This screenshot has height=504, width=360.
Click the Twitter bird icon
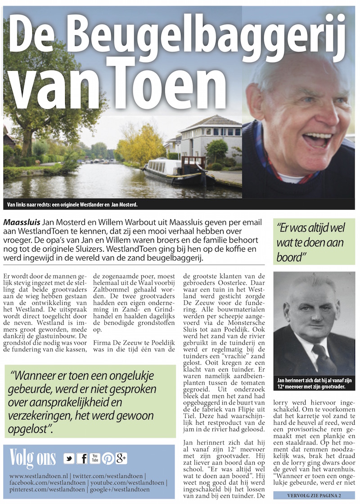(x=69, y=459)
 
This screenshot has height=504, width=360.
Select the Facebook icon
(x=82, y=459)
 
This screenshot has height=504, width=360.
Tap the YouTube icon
(x=95, y=459)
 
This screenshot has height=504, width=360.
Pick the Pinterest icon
(x=108, y=459)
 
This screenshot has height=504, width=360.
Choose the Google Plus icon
(x=121, y=459)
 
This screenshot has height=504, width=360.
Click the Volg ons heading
(x=33, y=458)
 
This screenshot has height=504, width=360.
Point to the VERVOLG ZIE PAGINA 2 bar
(x=314, y=495)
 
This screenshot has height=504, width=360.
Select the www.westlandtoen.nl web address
(x=39, y=476)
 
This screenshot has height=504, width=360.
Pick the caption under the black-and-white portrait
(x=314, y=384)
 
